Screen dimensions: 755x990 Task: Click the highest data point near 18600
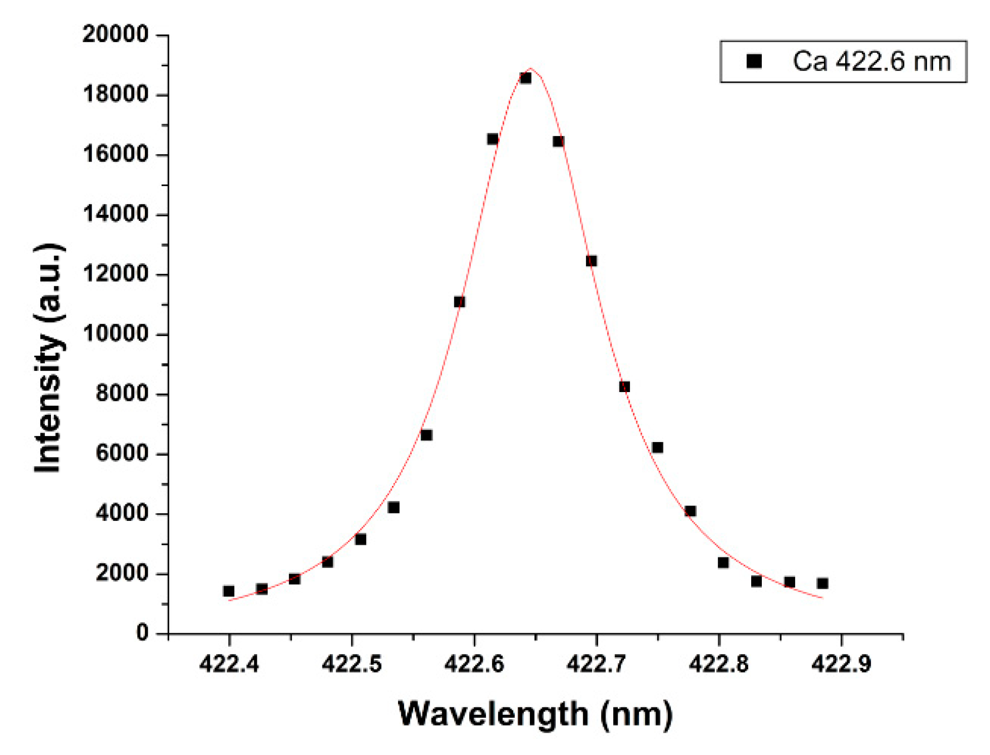coord(525,78)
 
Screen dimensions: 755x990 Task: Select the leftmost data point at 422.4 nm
coord(228,591)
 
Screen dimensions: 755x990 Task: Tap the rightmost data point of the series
coord(822,583)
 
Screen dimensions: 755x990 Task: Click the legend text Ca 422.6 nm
coord(871,61)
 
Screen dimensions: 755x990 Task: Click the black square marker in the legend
coord(754,61)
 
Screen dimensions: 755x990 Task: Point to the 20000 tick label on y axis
coord(115,34)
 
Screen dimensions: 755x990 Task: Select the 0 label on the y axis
coord(142,632)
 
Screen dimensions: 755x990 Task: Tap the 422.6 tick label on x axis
coord(473,664)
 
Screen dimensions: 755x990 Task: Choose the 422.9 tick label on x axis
coord(841,664)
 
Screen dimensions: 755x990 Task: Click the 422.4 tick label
coord(229,664)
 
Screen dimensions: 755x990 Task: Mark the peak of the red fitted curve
coord(531,69)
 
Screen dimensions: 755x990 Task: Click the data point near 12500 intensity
coord(591,261)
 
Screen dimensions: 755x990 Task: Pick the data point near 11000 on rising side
coord(459,302)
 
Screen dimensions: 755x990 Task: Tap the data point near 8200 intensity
coord(624,387)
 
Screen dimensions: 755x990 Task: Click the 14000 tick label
coord(115,214)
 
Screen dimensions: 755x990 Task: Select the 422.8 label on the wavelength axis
coord(718,664)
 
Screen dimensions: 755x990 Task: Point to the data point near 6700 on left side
coord(426,435)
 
